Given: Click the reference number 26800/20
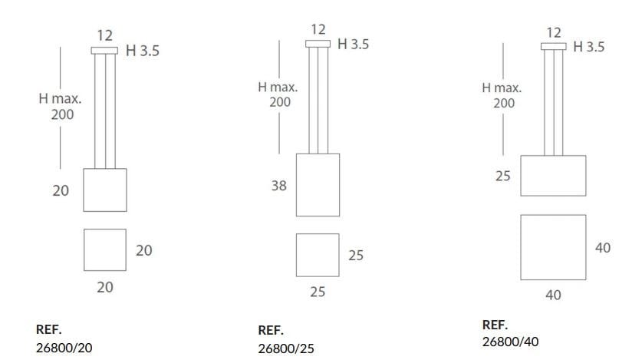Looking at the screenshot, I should [64, 347].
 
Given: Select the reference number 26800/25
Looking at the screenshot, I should [286, 348].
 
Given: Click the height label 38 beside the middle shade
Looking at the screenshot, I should [278, 186].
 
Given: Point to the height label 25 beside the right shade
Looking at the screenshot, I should [502, 176].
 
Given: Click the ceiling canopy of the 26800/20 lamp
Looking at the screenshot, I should [104, 51].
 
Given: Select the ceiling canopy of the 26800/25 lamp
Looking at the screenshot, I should [318, 44].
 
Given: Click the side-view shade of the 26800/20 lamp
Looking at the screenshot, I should [104, 190].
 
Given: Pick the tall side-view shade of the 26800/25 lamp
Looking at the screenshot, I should [318, 185].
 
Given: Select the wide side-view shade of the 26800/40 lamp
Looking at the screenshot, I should [553, 176].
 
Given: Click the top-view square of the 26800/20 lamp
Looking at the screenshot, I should [104, 249].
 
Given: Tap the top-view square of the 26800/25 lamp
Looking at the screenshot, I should [318, 255].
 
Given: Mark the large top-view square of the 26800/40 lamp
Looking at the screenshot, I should [553, 247].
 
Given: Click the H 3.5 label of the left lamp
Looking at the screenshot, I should [142, 51].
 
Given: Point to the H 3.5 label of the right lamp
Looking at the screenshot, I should [588, 47].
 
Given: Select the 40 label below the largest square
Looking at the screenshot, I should [553, 295].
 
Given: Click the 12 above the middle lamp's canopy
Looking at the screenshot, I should [318, 29].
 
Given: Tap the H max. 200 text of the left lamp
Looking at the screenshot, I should [61, 107].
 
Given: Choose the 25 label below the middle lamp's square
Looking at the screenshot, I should [318, 292].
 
